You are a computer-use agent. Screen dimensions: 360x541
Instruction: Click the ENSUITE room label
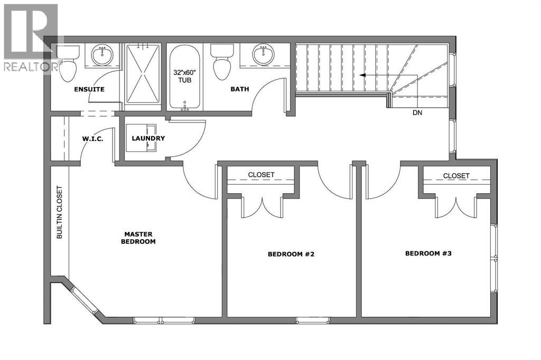[x=89, y=89]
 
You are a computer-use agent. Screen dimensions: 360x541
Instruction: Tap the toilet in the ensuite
[x=67, y=64]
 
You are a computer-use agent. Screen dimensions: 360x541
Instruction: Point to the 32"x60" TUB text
[x=184, y=77]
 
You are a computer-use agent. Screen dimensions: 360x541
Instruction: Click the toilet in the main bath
[x=221, y=62]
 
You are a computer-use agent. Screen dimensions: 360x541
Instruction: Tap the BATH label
[x=239, y=89]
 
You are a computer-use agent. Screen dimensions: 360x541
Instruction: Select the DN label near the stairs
[x=417, y=112]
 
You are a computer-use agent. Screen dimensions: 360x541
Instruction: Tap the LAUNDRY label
[x=148, y=138]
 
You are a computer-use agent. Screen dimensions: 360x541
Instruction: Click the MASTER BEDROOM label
[x=139, y=238]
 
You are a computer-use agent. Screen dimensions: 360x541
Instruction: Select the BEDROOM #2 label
[x=291, y=254]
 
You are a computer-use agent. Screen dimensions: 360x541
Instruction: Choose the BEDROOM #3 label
[x=428, y=253]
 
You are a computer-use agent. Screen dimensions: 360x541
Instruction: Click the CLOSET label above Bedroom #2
[x=261, y=175]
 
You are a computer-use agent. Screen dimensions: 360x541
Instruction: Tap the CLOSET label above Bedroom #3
[x=456, y=176]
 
